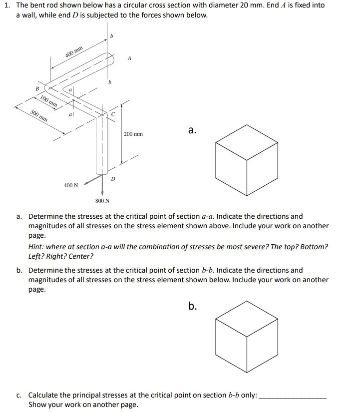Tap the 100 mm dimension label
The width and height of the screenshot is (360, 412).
[48, 101]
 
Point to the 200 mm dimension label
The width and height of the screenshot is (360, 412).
[133, 134]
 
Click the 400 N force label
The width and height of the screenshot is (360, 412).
[71, 185]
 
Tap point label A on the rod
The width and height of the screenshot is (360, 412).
[129, 58]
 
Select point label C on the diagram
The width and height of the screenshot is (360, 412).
[113, 114]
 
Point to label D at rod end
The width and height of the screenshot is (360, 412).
[113, 177]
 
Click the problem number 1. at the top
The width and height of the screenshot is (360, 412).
[7, 5]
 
